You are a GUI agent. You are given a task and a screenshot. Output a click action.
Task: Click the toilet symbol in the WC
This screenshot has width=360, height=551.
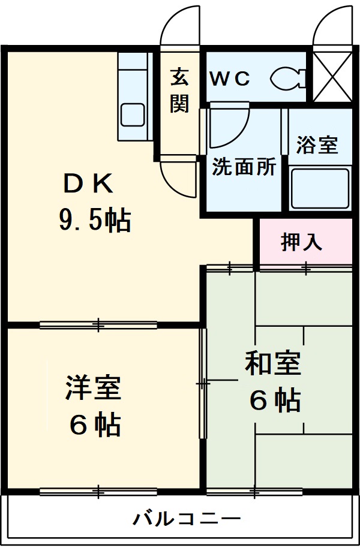(x=288, y=78)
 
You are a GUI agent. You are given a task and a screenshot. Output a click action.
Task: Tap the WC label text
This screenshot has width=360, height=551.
(x=229, y=79)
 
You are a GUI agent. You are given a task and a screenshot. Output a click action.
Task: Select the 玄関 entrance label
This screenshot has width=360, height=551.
(x=179, y=91)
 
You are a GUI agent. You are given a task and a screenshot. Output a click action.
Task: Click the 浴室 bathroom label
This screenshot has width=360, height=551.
(x=316, y=145)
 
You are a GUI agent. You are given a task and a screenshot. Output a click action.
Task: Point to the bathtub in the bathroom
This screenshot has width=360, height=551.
(x=319, y=188)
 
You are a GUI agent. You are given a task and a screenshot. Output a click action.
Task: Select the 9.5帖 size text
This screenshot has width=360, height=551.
(x=95, y=221)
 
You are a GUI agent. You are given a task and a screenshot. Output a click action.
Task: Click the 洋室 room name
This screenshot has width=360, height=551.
(x=94, y=387)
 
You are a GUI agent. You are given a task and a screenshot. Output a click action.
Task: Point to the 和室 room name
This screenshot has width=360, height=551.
(x=272, y=363)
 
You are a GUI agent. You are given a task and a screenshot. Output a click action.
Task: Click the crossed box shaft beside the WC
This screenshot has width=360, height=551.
(x=333, y=77)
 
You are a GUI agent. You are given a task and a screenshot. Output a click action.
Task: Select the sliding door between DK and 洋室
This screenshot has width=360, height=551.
(x=98, y=325)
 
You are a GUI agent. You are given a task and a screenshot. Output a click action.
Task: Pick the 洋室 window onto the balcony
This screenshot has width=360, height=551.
(x=98, y=492)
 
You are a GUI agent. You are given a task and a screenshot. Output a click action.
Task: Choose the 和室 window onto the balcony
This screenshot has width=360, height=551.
(x=254, y=492)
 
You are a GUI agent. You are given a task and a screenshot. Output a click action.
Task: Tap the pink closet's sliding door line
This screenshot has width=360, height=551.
(x=305, y=268)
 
